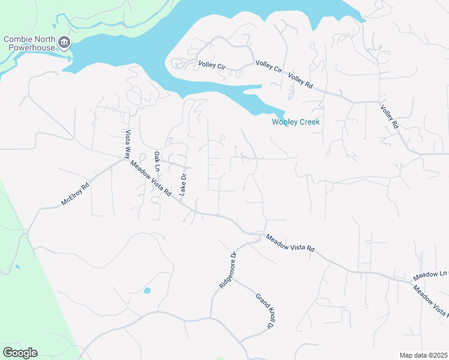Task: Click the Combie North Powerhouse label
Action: click(x=29, y=44)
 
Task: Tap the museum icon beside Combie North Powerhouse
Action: click(x=65, y=43)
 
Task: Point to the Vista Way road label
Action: click(x=127, y=144)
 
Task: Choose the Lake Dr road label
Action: click(x=184, y=185)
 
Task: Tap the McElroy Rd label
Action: click(x=75, y=194)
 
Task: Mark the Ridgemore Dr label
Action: click(x=229, y=271)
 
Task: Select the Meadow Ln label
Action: click(x=430, y=277)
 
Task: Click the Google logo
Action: click(x=20, y=353)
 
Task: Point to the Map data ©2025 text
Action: click(x=423, y=355)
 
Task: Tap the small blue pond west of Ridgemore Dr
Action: click(x=147, y=291)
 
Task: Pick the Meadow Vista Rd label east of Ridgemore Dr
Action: click(x=291, y=243)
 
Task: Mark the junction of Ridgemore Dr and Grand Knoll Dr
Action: click(x=232, y=278)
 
